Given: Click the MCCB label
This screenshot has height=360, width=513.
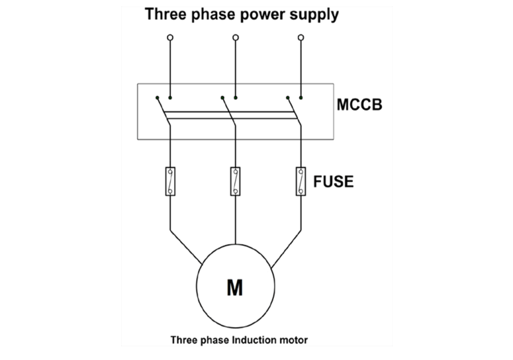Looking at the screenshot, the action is (x=359, y=105).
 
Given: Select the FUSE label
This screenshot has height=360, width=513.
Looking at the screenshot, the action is (x=333, y=181).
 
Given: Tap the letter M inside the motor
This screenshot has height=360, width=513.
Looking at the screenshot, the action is (x=235, y=288).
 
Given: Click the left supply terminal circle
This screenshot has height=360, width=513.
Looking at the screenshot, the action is (x=170, y=38).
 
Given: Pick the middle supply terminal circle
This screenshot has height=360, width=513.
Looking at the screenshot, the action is (x=236, y=38).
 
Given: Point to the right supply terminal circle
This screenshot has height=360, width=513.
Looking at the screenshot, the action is (x=301, y=38).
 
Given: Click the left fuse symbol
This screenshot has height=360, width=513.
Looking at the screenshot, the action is (x=170, y=181).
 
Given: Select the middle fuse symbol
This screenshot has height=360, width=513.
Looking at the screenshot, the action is (x=235, y=181).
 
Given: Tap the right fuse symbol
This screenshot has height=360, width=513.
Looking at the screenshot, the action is (x=301, y=181).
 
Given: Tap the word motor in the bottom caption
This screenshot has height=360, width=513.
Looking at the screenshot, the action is (x=293, y=340).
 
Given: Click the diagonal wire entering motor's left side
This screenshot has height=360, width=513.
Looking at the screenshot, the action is (x=186, y=247).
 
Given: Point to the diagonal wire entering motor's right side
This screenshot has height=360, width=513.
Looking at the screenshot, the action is (x=286, y=249).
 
